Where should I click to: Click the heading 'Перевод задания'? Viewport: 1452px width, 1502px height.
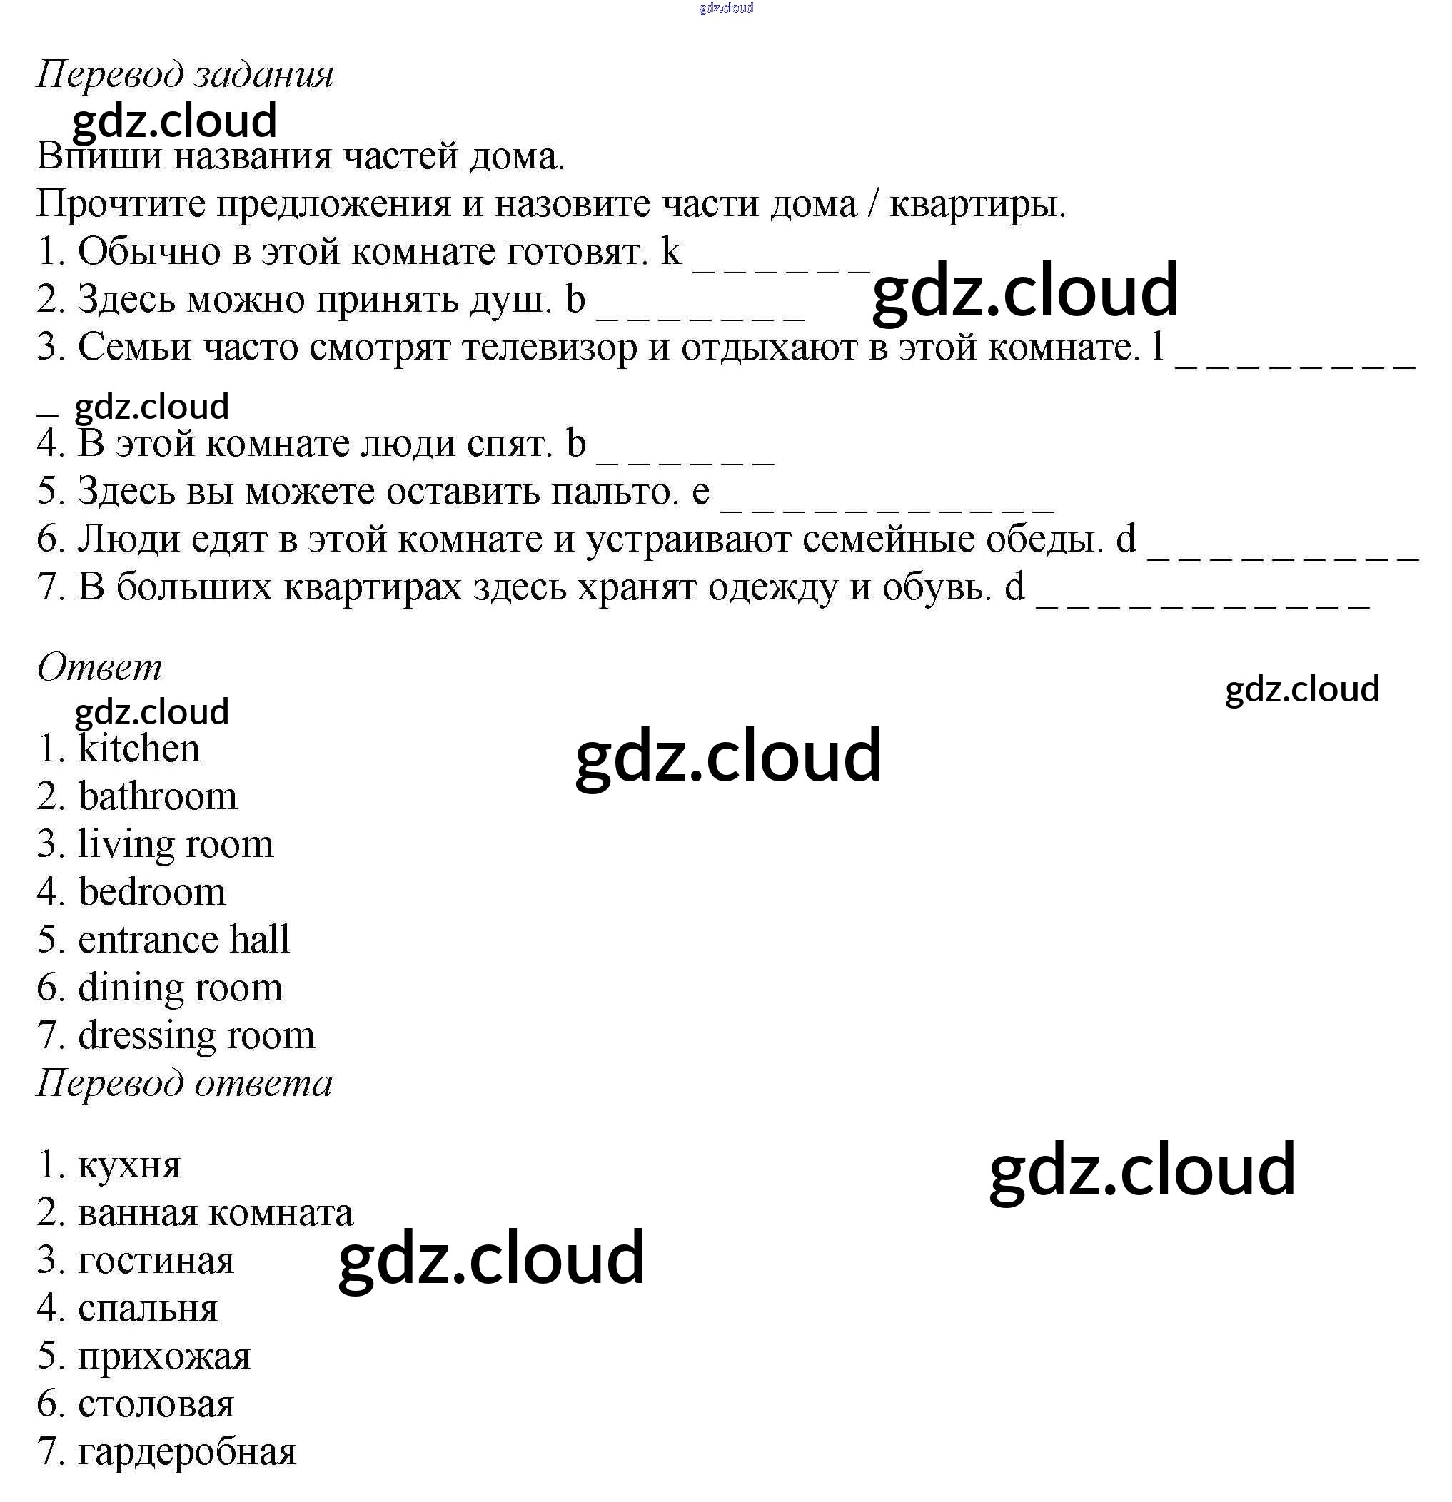click(185, 75)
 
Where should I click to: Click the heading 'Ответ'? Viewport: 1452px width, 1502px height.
click(100, 667)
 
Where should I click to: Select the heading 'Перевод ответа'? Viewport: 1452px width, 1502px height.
click(185, 1084)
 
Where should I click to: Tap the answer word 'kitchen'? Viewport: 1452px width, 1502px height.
click(138, 749)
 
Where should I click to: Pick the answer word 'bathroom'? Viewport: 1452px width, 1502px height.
click(158, 797)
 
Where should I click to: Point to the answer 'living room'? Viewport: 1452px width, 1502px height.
click(176, 845)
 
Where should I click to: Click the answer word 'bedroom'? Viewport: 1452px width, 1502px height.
click(152, 893)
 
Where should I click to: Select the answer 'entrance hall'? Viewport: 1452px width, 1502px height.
click(184, 940)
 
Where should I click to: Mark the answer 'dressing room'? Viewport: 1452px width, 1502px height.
click(196, 1036)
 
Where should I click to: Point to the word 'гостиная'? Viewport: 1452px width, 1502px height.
click(156, 1262)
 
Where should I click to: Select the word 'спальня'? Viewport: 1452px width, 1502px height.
click(148, 1309)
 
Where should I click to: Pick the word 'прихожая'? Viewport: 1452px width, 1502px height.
click(164, 1357)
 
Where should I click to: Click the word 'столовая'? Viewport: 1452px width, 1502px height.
click(156, 1405)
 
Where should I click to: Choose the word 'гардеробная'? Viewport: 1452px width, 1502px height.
click(187, 1452)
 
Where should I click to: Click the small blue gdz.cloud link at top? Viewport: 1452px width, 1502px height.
click(726, 9)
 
